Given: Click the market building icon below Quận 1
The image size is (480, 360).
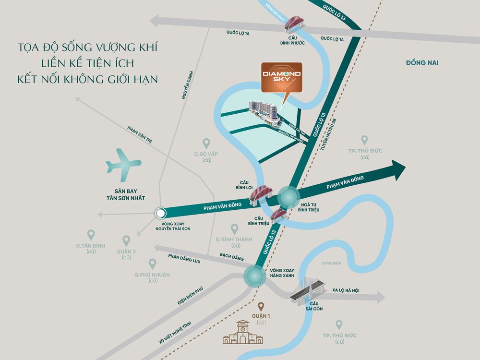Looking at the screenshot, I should click(x=243, y=333).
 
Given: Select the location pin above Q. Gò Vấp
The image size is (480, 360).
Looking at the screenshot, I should click(x=206, y=143).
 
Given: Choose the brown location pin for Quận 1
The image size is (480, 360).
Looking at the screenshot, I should click(x=261, y=306).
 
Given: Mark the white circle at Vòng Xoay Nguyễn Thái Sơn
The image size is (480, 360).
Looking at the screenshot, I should click(x=160, y=214).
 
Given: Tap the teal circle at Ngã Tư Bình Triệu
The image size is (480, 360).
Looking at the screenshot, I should click(x=289, y=196).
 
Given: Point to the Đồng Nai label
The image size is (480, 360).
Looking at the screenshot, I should click(x=422, y=63).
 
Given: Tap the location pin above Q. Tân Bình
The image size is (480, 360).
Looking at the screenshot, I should click(x=91, y=235).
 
